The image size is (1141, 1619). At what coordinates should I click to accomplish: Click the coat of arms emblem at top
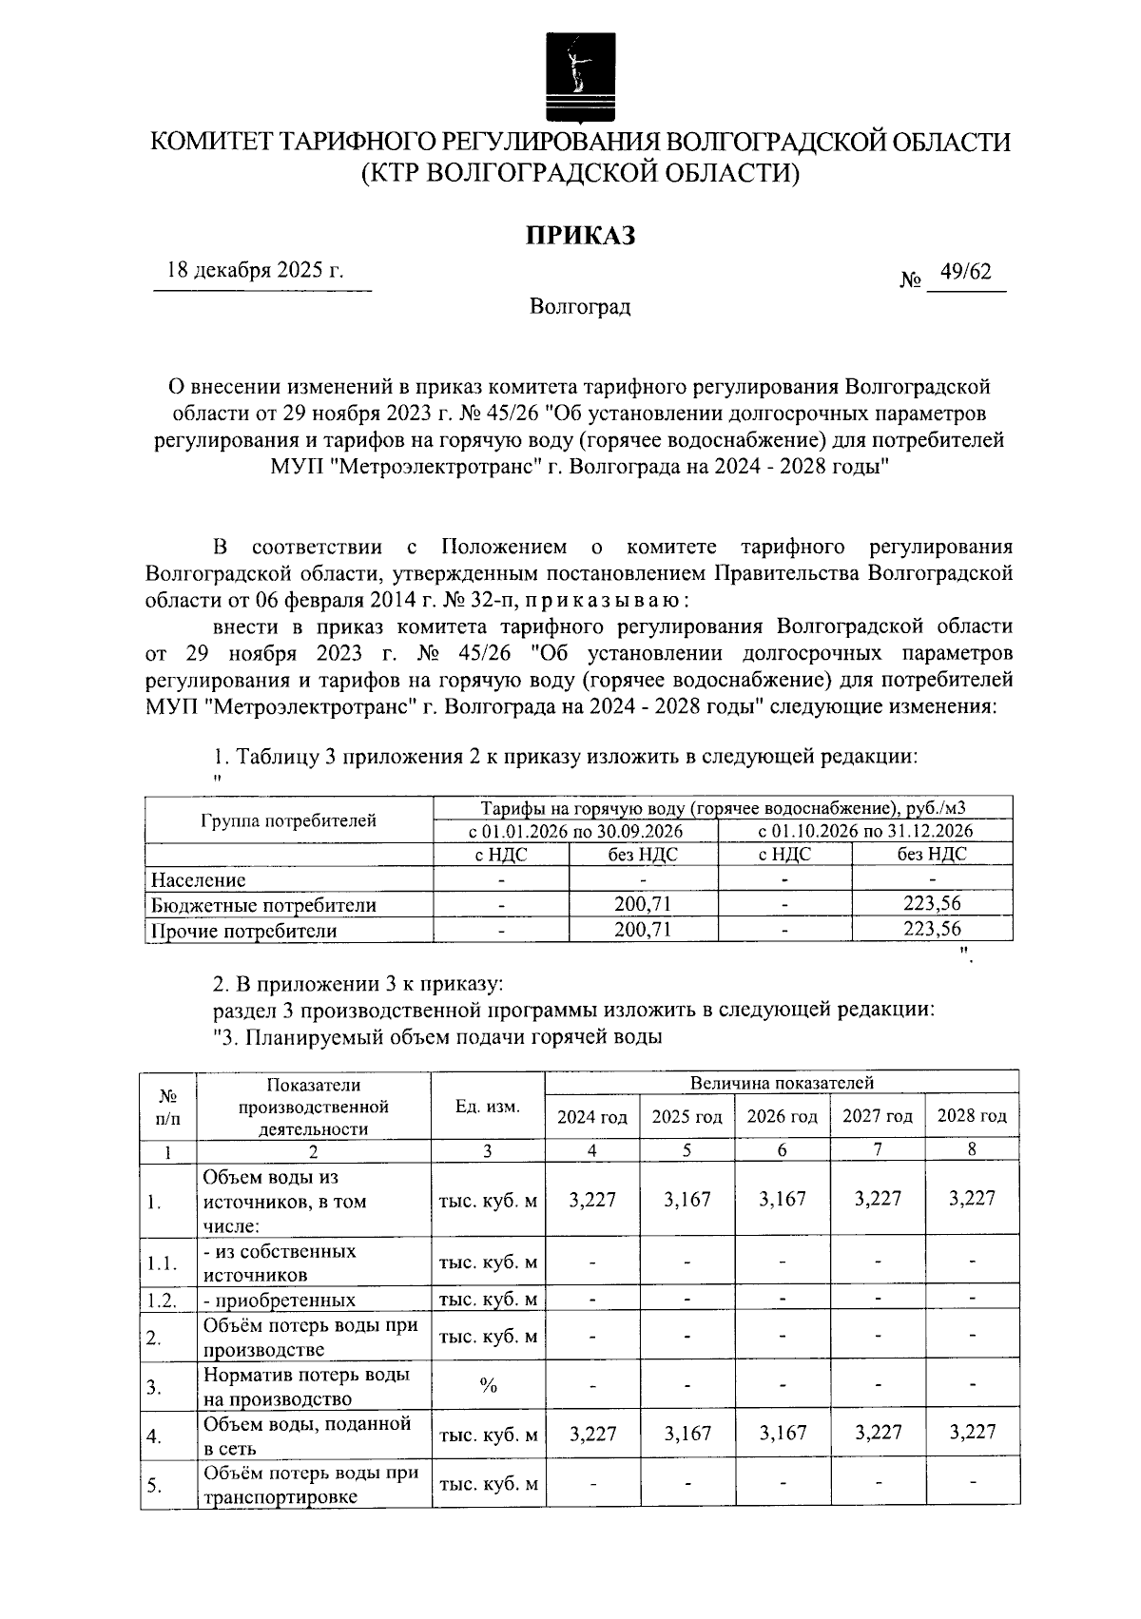[x=571, y=76]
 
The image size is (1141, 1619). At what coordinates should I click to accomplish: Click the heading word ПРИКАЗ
[x=580, y=235]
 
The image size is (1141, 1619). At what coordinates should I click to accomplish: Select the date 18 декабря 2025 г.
[x=255, y=271]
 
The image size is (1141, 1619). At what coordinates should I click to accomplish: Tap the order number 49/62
[x=965, y=273]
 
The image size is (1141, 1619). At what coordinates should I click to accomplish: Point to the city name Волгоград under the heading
[x=580, y=307]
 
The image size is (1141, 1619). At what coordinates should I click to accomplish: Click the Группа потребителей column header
[x=288, y=820]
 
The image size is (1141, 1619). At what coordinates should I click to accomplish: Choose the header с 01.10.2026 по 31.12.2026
[x=865, y=830]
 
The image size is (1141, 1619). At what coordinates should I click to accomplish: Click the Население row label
[x=199, y=880]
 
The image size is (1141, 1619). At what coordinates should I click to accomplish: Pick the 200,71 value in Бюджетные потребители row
[x=643, y=905]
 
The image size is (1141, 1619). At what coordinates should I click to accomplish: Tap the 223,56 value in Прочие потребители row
[x=932, y=930]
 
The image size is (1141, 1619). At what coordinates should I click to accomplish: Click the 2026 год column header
[x=782, y=1117]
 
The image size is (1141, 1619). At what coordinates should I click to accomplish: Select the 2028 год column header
[x=972, y=1116]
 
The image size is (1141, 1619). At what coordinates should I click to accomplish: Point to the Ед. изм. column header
[x=488, y=1107]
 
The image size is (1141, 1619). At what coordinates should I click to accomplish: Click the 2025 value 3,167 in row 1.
[x=687, y=1200]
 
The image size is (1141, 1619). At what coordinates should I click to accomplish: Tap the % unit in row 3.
[x=488, y=1387]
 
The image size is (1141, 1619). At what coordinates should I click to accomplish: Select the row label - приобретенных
[x=280, y=1301]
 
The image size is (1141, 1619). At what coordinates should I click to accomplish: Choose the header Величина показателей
[x=782, y=1083]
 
